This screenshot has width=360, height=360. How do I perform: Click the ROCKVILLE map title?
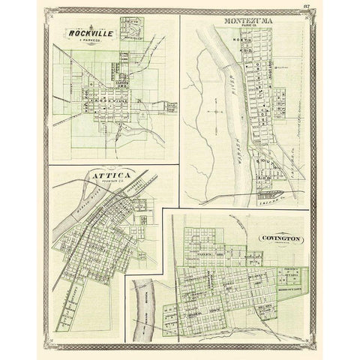pyautogui.click(x=88, y=33)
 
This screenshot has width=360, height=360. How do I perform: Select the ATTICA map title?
pyautogui.click(x=109, y=176)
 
